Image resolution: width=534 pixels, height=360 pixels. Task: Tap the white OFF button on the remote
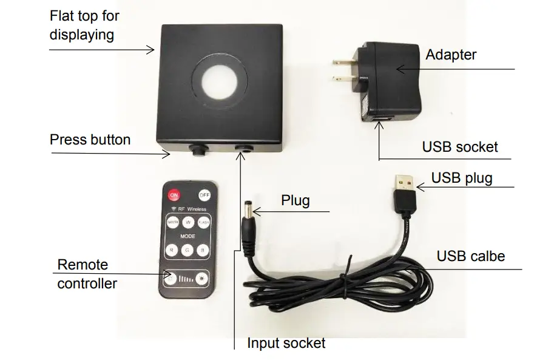(204, 195)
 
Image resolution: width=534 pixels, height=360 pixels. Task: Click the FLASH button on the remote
(203, 222)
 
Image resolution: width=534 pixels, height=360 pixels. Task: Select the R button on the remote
(172, 249)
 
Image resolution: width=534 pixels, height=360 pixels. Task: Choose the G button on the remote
(188, 249)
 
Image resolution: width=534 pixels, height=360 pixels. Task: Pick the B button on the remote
(203, 249)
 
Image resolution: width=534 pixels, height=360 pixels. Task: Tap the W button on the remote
(188, 222)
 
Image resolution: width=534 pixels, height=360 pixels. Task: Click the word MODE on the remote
(188, 236)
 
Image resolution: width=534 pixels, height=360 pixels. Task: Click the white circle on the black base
(216, 83)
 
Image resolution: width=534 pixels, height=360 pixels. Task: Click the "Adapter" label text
(451, 55)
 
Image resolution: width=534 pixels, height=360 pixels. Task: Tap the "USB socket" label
(459, 146)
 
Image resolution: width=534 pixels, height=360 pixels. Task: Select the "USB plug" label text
(461, 178)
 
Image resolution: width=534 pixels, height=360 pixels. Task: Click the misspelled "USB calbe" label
(470, 256)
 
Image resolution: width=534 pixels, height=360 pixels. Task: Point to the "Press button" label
(90, 140)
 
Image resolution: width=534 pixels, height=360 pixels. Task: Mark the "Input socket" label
(286, 343)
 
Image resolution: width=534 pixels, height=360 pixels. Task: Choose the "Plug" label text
(296, 200)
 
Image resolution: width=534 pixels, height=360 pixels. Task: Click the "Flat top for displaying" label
(85, 25)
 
